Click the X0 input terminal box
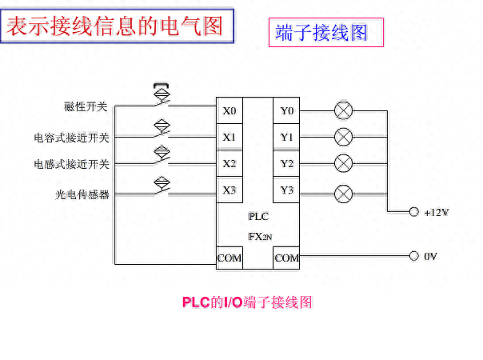tap(230, 110)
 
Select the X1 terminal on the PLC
tap(230, 137)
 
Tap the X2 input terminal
tap(230, 164)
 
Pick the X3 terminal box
tap(230, 190)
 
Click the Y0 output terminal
tap(286, 110)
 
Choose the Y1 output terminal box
tap(286, 137)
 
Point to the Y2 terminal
tap(286, 164)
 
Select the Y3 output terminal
tap(286, 190)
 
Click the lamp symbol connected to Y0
tap(344, 110)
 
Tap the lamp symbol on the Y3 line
tap(344, 194)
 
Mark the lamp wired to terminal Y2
tap(344, 163)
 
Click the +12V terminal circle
tap(414, 212)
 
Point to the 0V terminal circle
tap(414, 256)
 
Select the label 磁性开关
tap(86, 106)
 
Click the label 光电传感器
tap(82, 194)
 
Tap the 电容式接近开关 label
tap(71, 138)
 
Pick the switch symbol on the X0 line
tap(162, 95)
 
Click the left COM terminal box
tap(230, 258)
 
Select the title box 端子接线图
tap(326, 32)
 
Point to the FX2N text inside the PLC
tap(260, 237)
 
